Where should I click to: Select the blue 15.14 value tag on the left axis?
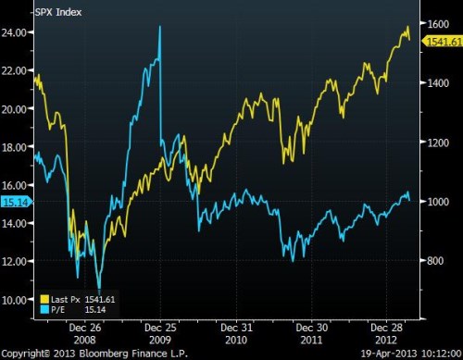click(x=15, y=200)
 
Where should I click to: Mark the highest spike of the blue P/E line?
click(x=160, y=27)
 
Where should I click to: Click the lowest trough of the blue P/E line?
click(x=99, y=291)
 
